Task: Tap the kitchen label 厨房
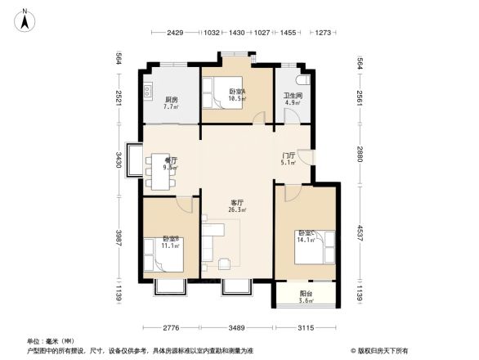pyautogui.click(x=170, y=100)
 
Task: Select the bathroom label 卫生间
pyautogui.click(x=293, y=96)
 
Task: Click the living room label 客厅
pyautogui.click(x=237, y=200)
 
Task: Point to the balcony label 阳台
pyautogui.click(x=304, y=293)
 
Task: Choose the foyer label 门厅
pyautogui.click(x=289, y=155)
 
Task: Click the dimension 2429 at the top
pyautogui.click(x=174, y=33)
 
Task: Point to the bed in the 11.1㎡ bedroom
pyautogui.click(x=164, y=255)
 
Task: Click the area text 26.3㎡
pyautogui.click(x=237, y=209)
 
